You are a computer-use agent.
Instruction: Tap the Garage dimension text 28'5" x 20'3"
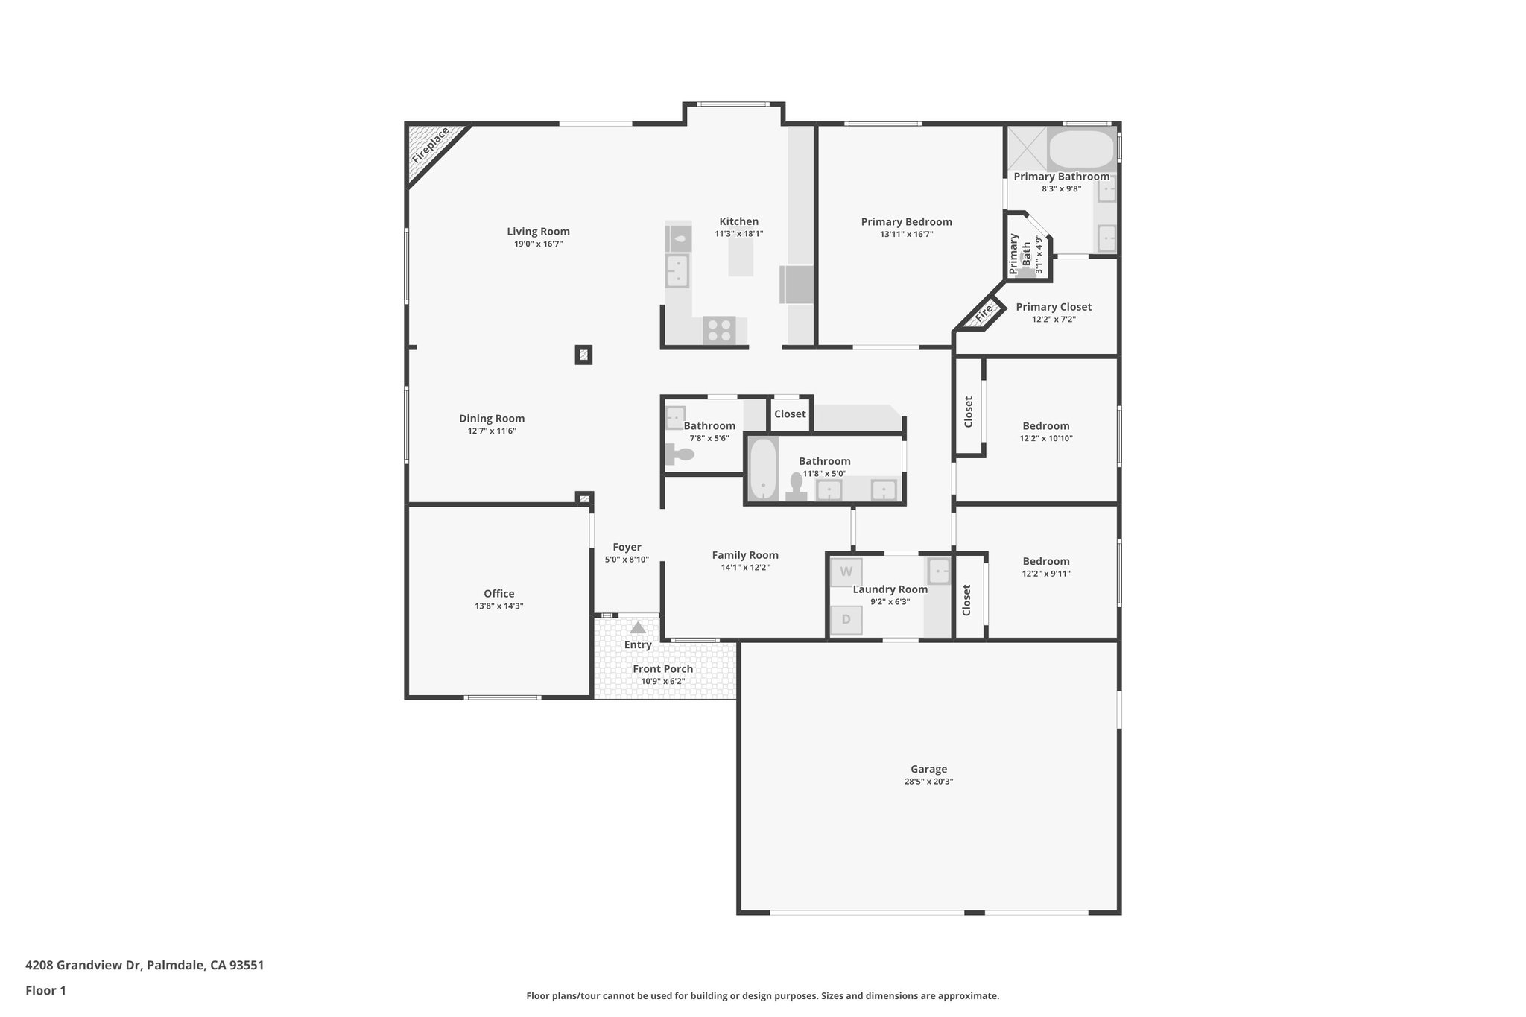[928, 782]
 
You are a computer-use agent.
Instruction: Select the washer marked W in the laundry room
[846, 572]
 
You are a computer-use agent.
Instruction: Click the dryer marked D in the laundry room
[846, 619]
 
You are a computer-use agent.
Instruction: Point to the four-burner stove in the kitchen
[719, 330]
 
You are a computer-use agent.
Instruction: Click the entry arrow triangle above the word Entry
[638, 627]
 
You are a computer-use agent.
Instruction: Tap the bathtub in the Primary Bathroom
[1081, 150]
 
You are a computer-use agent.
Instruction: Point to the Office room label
[498, 594]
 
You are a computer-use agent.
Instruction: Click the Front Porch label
[662, 669]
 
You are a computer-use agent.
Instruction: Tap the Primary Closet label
[1054, 307]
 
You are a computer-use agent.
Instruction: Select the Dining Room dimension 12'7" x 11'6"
[491, 431]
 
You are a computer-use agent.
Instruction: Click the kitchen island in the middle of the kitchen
[741, 253]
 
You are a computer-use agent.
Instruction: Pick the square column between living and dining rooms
[584, 355]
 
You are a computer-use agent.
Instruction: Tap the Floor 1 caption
[45, 991]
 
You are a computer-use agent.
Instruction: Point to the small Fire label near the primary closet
[984, 312]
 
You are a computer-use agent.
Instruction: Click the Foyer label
[627, 547]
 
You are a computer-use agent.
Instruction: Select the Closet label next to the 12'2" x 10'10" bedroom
[969, 411]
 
